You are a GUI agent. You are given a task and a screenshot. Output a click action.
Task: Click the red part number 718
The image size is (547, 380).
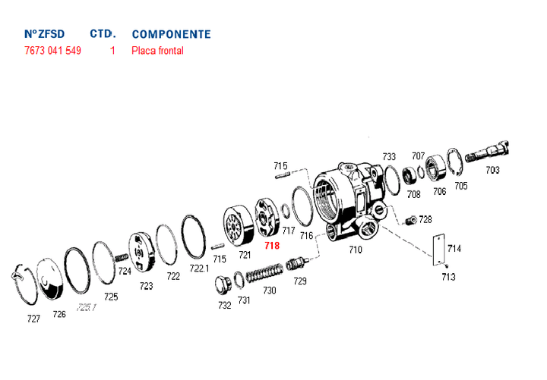pyautogui.click(x=271, y=246)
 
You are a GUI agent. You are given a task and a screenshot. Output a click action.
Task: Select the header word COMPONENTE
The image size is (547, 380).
pyautogui.click(x=171, y=34)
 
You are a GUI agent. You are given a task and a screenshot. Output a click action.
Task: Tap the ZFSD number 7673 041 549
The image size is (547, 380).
pyautogui.click(x=52, y=51)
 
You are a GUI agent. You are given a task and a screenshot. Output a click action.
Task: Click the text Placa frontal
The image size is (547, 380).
pyautogui.click(x=157, y=51)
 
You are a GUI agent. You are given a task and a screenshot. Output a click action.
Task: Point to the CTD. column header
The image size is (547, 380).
pyautogui.click(x=103, y=34)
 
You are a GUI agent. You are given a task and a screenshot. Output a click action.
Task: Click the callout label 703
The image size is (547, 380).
pyautogui.click(x=492, y=170)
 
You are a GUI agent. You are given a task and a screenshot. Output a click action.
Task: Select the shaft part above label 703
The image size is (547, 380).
pyautogui.click(x=489, y=152)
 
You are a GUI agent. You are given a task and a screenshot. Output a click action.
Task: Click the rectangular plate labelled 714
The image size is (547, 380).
pyautogui.click(x=437, y=250)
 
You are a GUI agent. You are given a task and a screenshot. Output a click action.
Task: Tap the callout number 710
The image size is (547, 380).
pyautogui.click(x=355, y=249)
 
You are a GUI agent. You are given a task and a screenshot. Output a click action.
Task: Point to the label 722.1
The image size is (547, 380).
pyautogui.click(x=199, y=269)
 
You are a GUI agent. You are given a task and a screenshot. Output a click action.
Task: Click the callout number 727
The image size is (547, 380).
pyautogui.click(x=33, y=319)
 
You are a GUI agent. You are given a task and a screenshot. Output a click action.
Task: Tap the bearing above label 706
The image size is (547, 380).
pyautogui.click(x=437, y=168)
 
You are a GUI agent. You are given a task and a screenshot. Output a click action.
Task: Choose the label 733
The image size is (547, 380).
pyautogui.click(x=389, y=156)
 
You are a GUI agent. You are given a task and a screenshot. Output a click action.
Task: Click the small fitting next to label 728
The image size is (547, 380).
pyautogui.click(x=410, y=220)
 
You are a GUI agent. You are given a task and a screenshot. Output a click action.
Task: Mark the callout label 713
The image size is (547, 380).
pyautogui.click(x=448, y=277)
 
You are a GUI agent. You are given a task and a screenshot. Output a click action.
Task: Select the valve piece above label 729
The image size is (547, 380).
pyautogui.click(x=297, y=265)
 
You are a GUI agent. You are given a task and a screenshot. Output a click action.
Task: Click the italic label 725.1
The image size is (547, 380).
pyautogui.click(x=87, y=307)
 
